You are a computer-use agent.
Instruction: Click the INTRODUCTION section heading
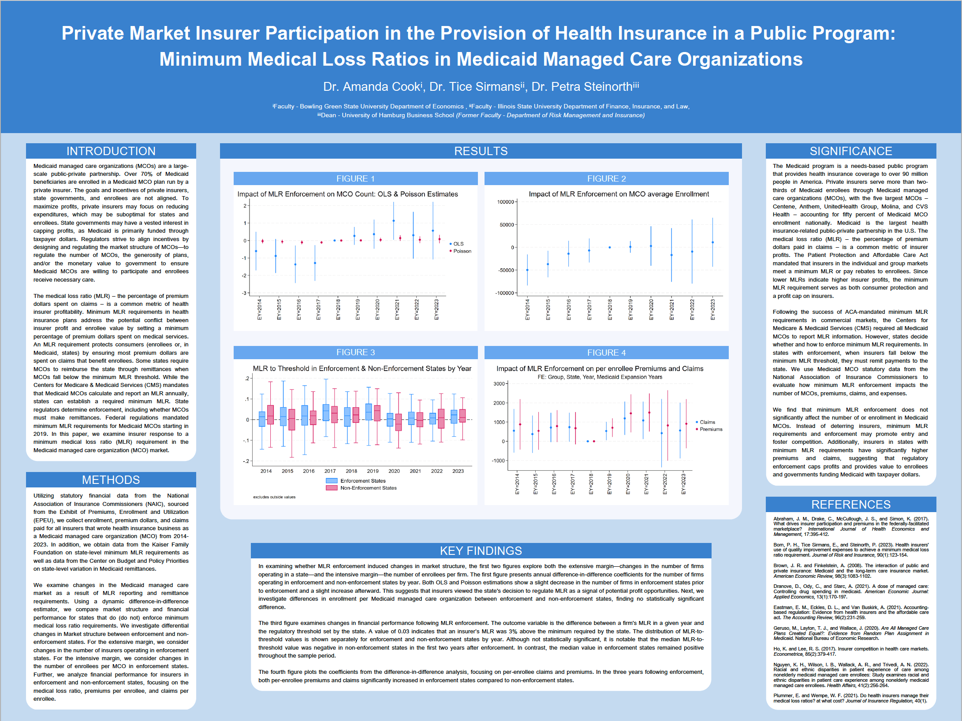[x=111, y=151]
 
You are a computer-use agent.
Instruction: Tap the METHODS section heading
[x=111, y=480]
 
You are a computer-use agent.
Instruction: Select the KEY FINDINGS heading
[x=481, y=551]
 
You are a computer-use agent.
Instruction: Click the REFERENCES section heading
[x=850, y=505]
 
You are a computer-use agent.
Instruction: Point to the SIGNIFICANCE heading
[x=850, y=151]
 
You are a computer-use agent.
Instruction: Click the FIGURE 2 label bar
[x=606, y=178]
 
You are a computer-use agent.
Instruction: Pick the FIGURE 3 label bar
[x=355, y=353]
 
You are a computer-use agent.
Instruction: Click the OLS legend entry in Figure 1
[x=458, y=244]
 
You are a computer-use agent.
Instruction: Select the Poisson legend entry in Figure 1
[x=462, y=251]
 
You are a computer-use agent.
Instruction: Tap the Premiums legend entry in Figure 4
[x=711, y=429]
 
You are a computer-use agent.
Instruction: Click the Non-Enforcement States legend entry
[x=368, y=488]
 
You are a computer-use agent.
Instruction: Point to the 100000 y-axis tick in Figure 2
[x=505, y=202]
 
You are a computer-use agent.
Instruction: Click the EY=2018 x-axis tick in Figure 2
[x=610, y=309]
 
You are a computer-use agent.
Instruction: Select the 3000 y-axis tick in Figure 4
[x=499, y=384]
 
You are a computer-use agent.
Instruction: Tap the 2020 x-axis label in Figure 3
[x=394, y=471]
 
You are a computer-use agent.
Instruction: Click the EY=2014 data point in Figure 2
[x=527, y=270]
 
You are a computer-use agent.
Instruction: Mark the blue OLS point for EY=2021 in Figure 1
[x=394, y=221]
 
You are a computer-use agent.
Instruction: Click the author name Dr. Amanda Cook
[x=372, y=87]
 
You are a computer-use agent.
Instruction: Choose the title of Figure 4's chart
[x=600, y=369]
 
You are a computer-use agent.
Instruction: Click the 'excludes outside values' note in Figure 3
[x=274, y=497]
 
